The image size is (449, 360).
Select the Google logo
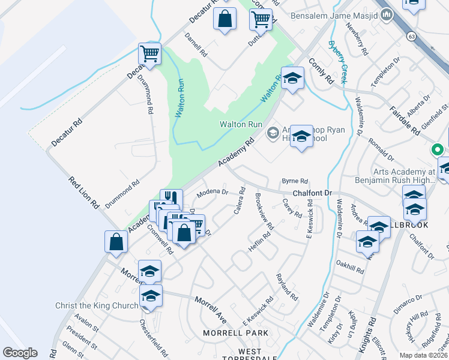[x=20, y=353]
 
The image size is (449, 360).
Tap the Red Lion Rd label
[x=83, y=192]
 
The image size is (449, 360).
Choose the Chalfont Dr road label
[x=312, y=193]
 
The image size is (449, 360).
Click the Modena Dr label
[x=213, y=193]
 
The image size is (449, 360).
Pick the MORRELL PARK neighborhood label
[x=235, y=333]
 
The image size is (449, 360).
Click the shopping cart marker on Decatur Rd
[x=149, y=53]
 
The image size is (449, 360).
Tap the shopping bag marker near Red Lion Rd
[x=116, y=242]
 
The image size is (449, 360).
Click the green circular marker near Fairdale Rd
[x=438, y=150]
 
